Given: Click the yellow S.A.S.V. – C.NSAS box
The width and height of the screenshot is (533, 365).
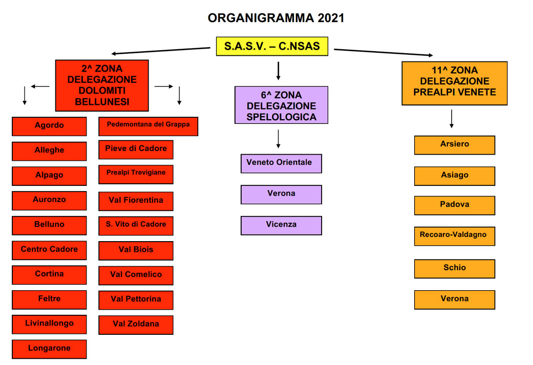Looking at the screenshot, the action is coord(272,46).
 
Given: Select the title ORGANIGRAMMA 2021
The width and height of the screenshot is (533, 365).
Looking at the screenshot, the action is coord(276,18).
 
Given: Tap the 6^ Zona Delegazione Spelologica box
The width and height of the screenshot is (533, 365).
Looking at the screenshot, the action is coord(281,105).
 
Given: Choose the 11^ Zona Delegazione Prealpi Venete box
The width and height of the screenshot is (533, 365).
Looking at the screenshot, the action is coord(455,83).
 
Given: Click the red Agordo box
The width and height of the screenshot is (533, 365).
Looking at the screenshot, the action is coord(49,126).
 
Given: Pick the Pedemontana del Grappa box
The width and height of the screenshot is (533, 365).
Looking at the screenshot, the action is coord(148,126).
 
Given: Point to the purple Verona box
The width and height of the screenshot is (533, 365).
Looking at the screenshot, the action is coord(281,195).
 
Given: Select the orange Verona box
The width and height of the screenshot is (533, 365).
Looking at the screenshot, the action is coord(455,300).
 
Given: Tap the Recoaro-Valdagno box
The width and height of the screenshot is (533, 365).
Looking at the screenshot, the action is coord(455,236).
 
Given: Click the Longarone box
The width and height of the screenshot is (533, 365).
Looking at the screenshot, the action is coord(49,349).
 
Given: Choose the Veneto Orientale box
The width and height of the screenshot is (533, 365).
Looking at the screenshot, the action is coord(281,163).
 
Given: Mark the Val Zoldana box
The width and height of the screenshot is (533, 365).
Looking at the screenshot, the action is coord(136,325).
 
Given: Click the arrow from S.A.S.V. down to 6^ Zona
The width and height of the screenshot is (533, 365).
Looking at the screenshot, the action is coord(279,71).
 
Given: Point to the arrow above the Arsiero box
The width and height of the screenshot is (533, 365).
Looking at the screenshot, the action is coord(452,119).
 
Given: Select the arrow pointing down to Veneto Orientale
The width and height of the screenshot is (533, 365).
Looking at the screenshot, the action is coord(279,139).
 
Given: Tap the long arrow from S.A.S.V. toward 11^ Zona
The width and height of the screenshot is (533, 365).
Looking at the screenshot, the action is coord(383,52).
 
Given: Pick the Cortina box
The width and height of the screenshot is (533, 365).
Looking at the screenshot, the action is coord(49,275).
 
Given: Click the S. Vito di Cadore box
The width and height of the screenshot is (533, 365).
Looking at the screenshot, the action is coord(136,226).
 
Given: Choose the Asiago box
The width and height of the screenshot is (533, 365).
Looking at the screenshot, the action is coord(455,176).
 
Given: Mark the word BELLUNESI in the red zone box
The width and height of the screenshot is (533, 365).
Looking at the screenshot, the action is coord(102,101).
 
